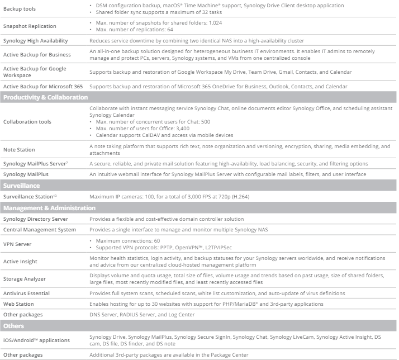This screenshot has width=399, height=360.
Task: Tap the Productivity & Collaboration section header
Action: [x=45, y=97]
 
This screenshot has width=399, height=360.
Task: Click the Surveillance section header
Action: [x=21, y=185]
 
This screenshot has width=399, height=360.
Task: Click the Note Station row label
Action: [x=19, y=149]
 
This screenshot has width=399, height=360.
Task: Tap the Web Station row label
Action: [x=18, y=304]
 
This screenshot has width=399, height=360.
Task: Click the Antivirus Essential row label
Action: [x=26, y=293]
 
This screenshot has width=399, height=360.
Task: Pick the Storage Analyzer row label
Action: [x=24, y=278]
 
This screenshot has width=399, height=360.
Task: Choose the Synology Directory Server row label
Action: [x=35, y=219]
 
